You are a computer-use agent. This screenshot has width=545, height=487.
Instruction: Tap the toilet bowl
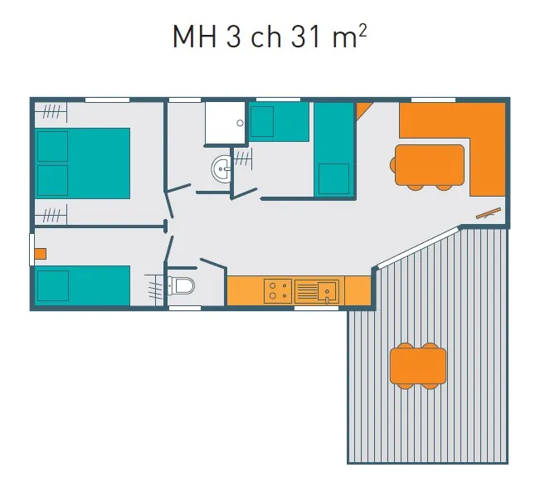coord(182,287)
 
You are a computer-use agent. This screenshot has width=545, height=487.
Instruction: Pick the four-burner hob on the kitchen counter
coord(276,290)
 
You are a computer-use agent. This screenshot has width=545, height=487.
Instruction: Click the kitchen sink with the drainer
coord(318,290)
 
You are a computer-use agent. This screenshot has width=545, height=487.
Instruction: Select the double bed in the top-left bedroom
coord(83,163)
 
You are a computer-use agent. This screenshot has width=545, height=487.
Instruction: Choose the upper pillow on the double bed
coord(52,146)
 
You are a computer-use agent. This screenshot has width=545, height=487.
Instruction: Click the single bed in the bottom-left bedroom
coord(82,285)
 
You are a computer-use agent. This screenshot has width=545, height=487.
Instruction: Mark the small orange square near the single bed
coord(40,254)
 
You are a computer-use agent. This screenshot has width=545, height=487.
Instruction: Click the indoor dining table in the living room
coord(430,164)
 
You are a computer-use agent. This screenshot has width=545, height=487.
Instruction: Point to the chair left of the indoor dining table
coord(393,164)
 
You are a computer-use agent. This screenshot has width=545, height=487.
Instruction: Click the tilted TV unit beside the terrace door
coord(489,213)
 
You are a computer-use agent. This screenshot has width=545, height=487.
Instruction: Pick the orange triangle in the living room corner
coord(363,109)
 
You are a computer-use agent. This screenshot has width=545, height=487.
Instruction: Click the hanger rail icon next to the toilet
coord(154,286)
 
